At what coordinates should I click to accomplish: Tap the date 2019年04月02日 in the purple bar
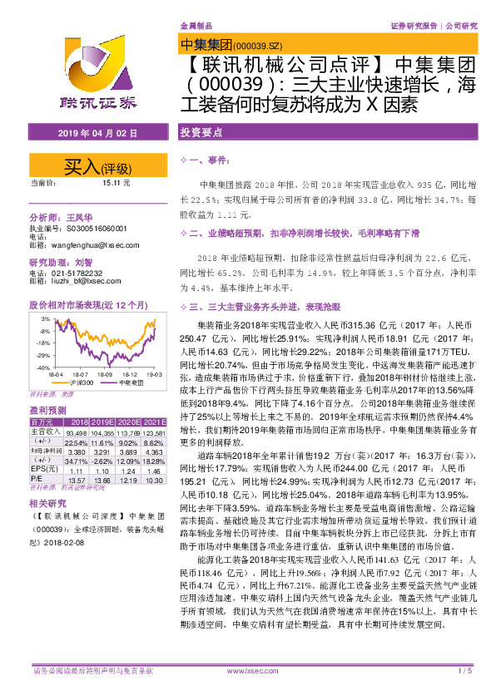(92, 132)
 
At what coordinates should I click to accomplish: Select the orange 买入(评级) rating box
(92, 165)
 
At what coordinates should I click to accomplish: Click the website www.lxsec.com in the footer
(249, 670)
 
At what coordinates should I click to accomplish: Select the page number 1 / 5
(465, 670)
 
